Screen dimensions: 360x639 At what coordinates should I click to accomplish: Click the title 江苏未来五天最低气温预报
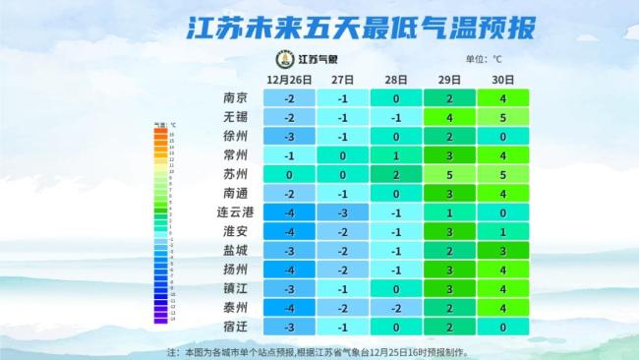point(320,27)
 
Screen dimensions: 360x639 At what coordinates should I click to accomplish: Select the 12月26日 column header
point(289,80)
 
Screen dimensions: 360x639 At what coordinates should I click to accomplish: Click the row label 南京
point(235,98)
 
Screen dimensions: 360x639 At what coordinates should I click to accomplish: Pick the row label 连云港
point(235,212)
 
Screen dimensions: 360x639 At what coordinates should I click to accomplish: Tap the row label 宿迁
point(235,327)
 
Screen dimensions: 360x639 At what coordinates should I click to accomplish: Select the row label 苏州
point(235,174)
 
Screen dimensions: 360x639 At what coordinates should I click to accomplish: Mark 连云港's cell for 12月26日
point(289,212)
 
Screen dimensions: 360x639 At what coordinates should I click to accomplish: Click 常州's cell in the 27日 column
point(342,155)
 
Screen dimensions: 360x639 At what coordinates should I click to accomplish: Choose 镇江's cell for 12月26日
point(289,289)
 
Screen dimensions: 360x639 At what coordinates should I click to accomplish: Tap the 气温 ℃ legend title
point(163,125)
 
